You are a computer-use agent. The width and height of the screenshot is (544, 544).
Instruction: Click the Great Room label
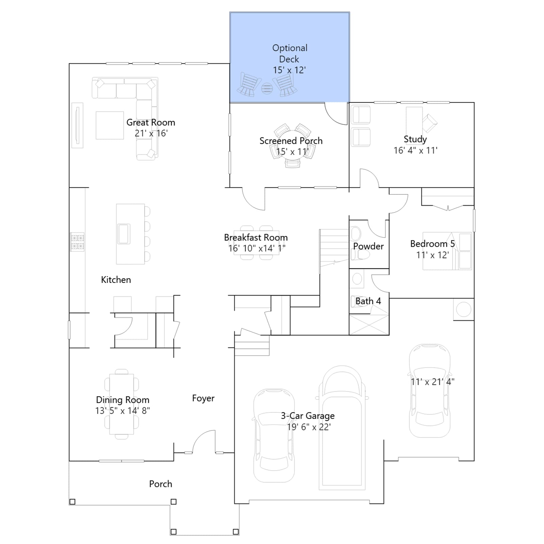(x=151, y=122)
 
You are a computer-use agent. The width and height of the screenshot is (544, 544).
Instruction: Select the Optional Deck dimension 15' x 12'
(x=289, y=70)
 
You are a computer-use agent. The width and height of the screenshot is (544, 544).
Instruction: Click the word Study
(x=415, y=139)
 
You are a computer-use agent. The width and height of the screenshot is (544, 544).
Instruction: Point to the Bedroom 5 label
(x=432, y=244)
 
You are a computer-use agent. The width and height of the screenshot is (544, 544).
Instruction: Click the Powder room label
(x=368, y=246)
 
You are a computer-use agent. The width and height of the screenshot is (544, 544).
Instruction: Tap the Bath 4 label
(x=368, y=301)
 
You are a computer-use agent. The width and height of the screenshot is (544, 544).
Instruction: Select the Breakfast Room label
(x=256, y=237)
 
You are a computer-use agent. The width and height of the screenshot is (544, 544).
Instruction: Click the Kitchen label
(x=116, y=280)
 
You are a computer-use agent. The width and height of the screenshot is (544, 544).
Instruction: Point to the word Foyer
(x=203, y=398)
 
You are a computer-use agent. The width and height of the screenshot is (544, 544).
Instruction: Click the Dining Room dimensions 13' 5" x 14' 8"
(x=122, y=411)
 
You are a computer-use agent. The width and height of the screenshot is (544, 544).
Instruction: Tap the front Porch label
(x=160, y=484)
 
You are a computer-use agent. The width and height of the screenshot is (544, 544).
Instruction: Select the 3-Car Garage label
(x=308, y=416)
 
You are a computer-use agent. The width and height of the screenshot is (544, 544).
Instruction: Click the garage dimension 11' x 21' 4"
(x=432, y=382)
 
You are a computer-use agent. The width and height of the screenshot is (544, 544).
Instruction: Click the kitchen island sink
(x=124, y=234)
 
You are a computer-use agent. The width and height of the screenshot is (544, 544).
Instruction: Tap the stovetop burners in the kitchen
(x=77, y=242)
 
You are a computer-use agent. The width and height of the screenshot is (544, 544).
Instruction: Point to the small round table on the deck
(x=267, y=88)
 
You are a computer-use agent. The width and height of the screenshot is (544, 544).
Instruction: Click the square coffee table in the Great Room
(x=110, y=125)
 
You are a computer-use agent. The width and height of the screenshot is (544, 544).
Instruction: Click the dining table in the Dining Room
(x=121, y=404)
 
